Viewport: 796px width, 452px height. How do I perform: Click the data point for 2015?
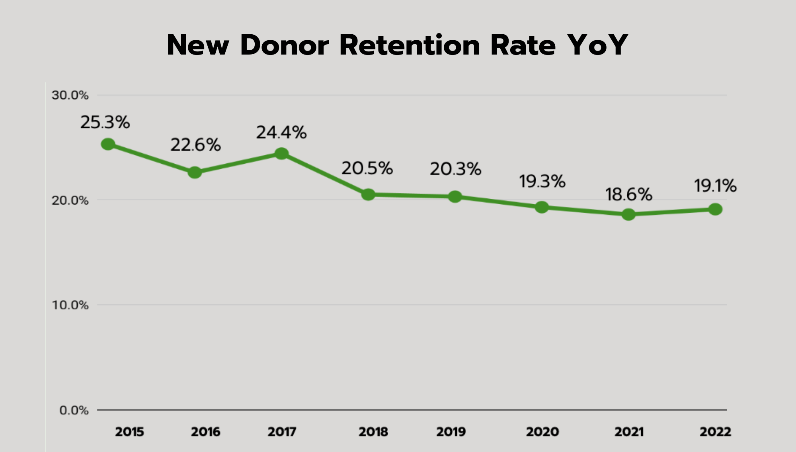click(108, 144)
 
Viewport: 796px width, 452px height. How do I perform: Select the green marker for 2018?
click(368, 194)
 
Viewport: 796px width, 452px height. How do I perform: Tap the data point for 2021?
click(628, 215)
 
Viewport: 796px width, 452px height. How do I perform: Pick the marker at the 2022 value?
click(715, 209)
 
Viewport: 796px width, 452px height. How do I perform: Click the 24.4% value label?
click(281, 133)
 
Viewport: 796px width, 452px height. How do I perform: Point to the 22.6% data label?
click(195, 145)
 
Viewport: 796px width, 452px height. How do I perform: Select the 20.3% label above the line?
click(455, 169)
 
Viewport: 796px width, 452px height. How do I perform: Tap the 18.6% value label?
click(628, 195)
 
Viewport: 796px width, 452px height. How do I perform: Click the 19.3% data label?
click(542, 182)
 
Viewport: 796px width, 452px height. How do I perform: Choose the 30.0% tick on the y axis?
click(70, 95)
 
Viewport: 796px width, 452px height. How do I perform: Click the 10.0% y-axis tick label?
click(70, 305)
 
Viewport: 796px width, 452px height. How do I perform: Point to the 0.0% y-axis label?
click(74, 410)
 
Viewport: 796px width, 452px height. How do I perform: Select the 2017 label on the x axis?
click(282, 432)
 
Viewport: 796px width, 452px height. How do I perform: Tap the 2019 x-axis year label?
click(451, 432)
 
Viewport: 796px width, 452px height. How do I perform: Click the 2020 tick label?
click(542, 432)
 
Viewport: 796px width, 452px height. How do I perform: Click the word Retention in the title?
click(410, 45)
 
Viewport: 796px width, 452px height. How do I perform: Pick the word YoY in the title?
click(597, 45)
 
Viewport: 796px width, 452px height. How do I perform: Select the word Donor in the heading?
click(285, 45)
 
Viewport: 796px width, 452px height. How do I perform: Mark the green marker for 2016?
click(195, 172)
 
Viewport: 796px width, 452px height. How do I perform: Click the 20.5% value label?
click(367, 168)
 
